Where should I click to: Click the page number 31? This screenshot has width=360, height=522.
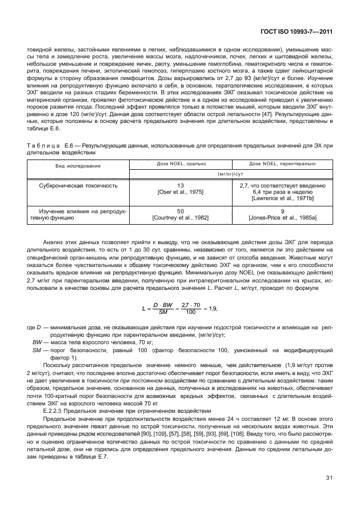coord(329,492)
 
